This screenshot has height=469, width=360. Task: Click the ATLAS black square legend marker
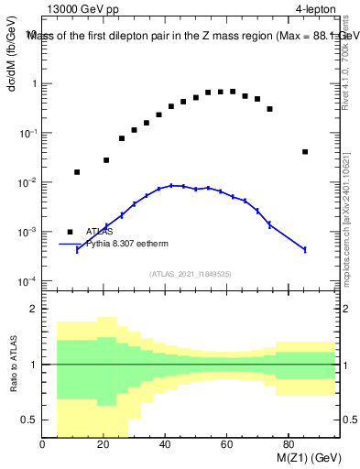coord(70,232)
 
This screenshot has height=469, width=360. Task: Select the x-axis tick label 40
coord(165,446)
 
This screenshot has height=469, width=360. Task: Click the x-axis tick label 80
coord(288,446)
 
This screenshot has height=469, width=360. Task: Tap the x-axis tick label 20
coord(104,446)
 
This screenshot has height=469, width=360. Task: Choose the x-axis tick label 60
coord(226,446)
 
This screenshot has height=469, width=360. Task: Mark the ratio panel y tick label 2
coord(33,310)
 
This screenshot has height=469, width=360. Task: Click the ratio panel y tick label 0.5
coord(29,420)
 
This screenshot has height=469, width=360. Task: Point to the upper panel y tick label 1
coord(33,84)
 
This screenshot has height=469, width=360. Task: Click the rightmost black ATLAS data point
coord(305,152)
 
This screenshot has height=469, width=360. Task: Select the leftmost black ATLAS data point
coord(77,172)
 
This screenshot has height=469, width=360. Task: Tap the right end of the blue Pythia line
coord(305,249)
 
